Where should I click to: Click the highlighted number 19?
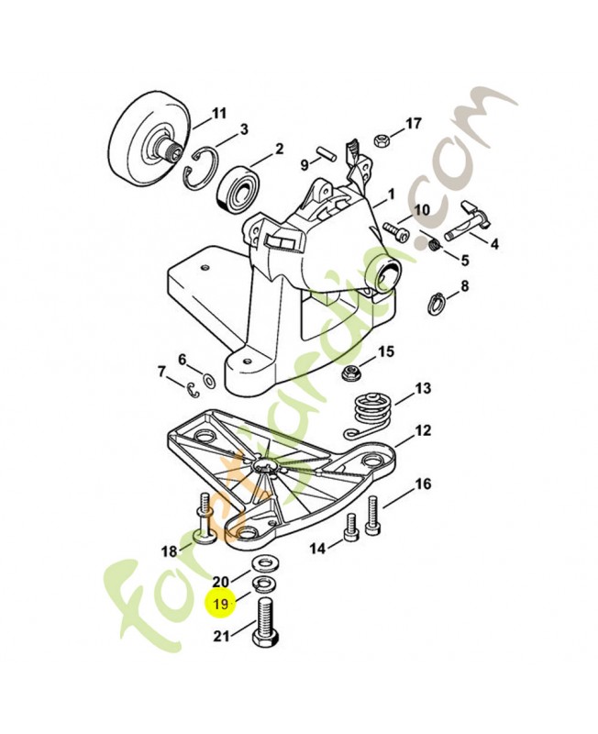(x=220, y=604)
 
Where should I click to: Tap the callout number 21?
(x=220, y=637)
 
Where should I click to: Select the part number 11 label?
(x=218, y=114)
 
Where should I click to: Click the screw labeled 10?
(x=395, y=226)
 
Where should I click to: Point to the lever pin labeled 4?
(x=470, y=223)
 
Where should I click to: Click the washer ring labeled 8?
(x=438, y=301)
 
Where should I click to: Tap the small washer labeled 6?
(x=209, y=379)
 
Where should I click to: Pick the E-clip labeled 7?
(x=189, y=390)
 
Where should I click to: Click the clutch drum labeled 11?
(x=147, y=145)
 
